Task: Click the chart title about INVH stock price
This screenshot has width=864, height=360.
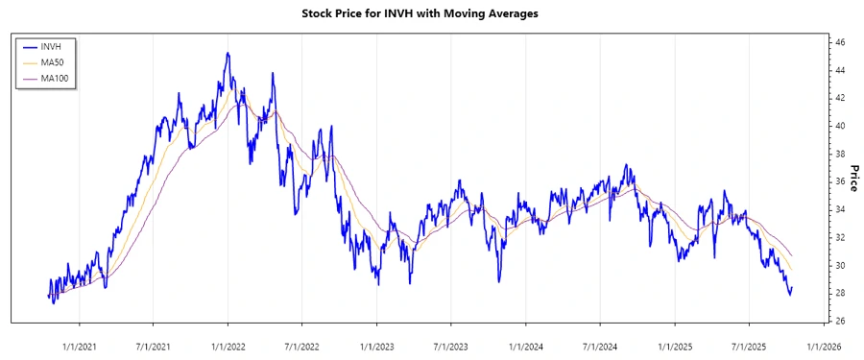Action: point(431,14)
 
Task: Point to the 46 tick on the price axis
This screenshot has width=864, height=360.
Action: point(839,43)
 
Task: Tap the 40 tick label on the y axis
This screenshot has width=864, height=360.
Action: point(839,126)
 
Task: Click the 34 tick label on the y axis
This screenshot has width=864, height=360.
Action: point(839,209)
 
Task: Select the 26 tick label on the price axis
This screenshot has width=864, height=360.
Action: point(839,321)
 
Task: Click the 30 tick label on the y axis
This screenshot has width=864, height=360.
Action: point(839,265)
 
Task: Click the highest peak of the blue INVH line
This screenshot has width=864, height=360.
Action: point(228,54)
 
